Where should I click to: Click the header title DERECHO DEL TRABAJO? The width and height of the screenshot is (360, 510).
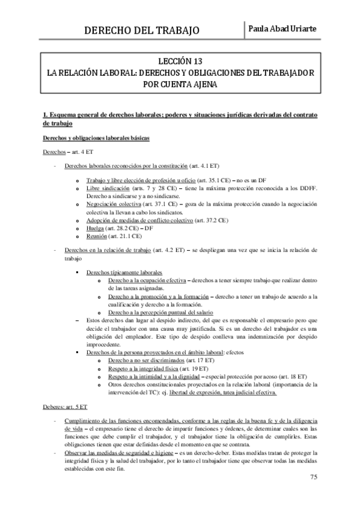point(142,30)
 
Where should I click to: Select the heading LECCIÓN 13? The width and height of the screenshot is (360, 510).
point(180,61)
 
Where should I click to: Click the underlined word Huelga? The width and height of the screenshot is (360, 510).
point(96,229)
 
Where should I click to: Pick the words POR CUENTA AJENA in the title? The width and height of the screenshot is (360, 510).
point(180,84)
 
